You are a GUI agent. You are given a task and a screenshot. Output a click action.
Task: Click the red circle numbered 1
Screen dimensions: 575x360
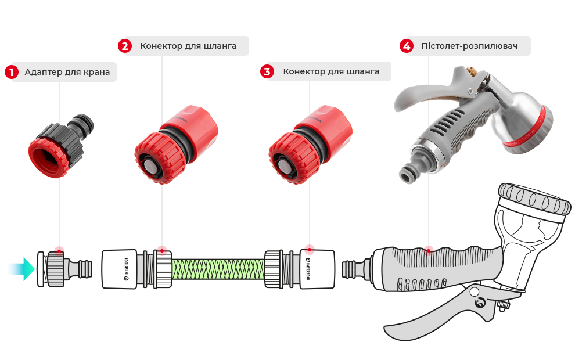click(12, 72)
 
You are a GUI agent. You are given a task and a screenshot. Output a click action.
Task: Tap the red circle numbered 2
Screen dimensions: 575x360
click(125, 46)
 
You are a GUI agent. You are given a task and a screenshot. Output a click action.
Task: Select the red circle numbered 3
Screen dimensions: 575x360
click(267, 71)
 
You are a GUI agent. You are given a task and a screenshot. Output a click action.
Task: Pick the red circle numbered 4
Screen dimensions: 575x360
click(407, 46)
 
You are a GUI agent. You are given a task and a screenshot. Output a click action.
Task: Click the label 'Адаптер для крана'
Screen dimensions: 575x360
click(67, 72)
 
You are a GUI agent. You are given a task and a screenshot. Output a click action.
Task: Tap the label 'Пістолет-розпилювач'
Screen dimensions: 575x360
click(469, 46)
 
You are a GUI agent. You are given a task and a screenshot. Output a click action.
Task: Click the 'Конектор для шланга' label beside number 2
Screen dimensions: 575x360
click(188, 46)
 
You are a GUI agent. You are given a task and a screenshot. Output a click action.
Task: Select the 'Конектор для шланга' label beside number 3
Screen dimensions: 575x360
click(331, 71)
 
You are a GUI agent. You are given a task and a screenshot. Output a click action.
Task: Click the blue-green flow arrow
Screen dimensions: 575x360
click(21, 269)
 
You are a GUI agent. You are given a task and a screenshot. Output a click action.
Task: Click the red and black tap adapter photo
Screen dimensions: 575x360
click(61, 146)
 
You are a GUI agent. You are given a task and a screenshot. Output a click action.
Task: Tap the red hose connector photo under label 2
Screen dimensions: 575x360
click(176, 145)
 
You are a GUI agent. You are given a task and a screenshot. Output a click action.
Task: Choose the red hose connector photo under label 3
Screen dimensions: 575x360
click(310, 145)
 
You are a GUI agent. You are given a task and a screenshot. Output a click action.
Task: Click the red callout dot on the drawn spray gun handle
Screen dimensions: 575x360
click(428, 251)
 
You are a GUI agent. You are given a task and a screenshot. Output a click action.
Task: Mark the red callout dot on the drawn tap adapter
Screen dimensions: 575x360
click(59, 251)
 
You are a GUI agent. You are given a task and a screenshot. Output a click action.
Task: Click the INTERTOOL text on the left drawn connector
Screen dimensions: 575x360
click(126, 269)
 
